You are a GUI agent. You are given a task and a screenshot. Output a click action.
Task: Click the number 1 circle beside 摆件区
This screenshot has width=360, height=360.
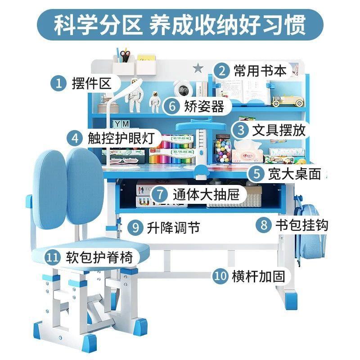[x=58, y=83]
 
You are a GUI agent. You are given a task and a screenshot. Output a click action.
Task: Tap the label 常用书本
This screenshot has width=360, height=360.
[x=260, y=71]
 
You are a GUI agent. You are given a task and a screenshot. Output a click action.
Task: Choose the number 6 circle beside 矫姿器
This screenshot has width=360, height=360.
[x=172, y=106]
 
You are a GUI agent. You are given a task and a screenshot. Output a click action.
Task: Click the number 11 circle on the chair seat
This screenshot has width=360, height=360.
[x=53, y=258]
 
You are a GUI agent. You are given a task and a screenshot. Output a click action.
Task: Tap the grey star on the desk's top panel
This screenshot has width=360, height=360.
[x=198, y=67]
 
